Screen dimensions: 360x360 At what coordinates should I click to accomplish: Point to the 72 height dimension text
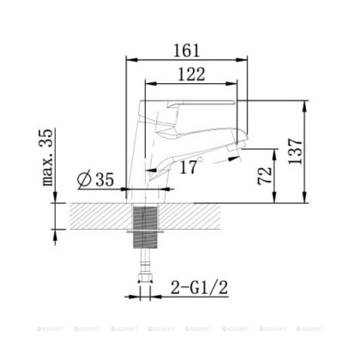265,177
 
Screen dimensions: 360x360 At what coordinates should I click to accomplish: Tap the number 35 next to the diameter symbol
105,180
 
